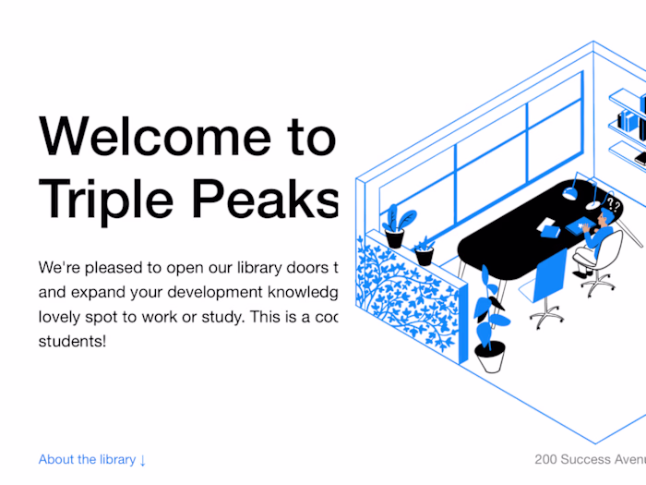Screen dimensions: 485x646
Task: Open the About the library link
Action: click(87, 459)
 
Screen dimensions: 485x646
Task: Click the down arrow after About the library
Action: click(143, 460)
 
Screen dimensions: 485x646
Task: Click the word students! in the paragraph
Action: click(72, 341)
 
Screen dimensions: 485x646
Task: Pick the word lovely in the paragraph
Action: click(61, 317)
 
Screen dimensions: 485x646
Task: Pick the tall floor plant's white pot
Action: click(489, 356)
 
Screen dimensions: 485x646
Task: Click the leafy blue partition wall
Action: click(406, 296)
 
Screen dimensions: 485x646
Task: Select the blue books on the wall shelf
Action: click(631, 120)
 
